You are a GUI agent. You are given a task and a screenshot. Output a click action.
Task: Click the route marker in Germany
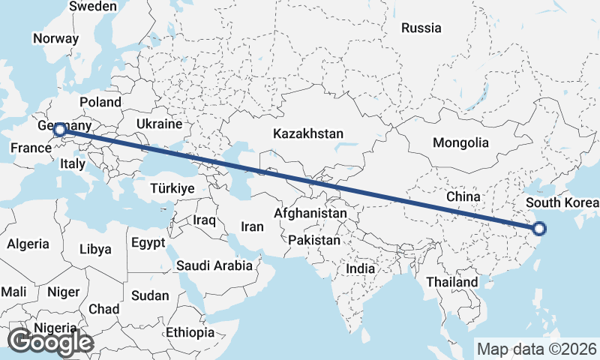pos(59,130)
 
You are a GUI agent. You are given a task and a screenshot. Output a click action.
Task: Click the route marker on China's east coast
pos(539,229)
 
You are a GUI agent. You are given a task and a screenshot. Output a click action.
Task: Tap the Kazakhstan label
pos(308,134)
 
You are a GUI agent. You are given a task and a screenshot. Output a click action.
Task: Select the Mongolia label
pos(460,142)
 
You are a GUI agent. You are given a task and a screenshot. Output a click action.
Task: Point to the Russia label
pos(421,28)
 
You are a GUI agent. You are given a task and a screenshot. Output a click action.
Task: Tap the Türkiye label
pos(172,188)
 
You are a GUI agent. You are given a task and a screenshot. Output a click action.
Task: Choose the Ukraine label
pos(160,124)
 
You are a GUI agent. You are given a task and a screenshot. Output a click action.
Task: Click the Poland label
pos(100,101)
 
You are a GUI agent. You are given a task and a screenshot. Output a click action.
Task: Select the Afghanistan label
pos(310,213)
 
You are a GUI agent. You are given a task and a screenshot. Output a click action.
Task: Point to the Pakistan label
pos(313,241)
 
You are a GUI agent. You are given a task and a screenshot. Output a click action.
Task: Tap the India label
pos(361,268)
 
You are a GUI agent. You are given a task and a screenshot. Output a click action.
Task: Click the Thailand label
pos(451,282)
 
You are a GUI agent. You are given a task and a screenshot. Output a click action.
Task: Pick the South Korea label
pos(562,203)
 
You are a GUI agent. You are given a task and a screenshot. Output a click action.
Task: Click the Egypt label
pos(147,243)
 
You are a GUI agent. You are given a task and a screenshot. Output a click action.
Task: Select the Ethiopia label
pos(190,332)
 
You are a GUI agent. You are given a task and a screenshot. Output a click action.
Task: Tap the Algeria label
pos(28,244)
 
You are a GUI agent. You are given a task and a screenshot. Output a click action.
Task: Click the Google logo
pos(50,342)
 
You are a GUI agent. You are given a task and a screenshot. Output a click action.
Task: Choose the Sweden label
pos(93,6)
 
